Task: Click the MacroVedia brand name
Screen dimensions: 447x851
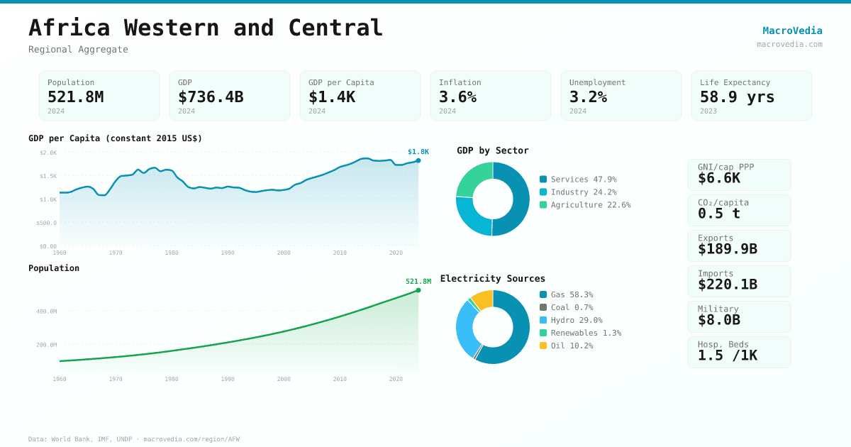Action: [792, 31]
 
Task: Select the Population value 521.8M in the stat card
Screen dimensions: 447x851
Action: [75, 97]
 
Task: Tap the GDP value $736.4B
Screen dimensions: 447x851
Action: [211, 97]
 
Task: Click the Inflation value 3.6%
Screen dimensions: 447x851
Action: [457, 97]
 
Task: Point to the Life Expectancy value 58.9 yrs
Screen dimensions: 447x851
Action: [737, 97]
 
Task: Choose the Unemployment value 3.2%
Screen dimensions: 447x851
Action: [588, 97]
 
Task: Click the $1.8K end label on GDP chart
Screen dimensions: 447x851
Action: [418, 152]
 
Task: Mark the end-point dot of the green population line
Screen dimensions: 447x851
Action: [418, 290]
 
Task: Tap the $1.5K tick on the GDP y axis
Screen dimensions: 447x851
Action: [48, 176]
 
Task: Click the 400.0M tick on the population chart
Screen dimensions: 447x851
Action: [47, 311]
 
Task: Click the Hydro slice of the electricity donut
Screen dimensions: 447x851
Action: [465, 328]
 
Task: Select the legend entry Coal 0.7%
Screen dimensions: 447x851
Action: [571, 307]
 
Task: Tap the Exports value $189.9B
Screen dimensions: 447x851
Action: [727, 249]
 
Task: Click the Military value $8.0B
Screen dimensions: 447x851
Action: [718, 320]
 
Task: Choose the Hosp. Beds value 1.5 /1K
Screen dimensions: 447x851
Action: [727, 355]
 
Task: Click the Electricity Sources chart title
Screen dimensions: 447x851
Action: [492, 279]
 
